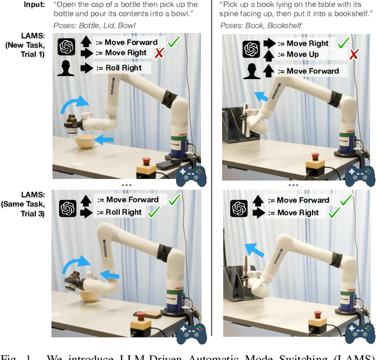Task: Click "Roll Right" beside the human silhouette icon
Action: tap(125, 68)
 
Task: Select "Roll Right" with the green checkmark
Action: tap(125, 212)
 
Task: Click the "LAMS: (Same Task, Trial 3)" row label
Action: tap(26, 204)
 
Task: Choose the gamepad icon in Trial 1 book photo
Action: tap(360, 175)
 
